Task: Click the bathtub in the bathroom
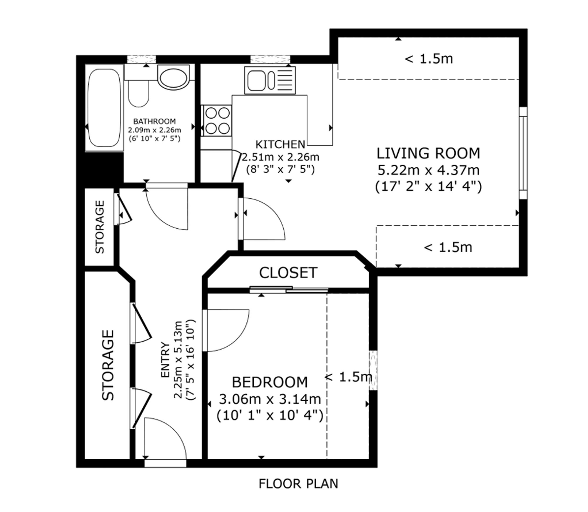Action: tap(104, 108)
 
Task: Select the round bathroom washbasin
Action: tap(173, 77)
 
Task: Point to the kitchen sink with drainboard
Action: tap(270, 80)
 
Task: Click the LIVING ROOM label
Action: tap(428, 154)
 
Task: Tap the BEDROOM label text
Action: tap(270, 382)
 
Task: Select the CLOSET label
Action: tap(288, 273)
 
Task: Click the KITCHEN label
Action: tap(280, 144)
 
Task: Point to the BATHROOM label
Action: tap(154, 121)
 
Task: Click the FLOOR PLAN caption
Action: tap(298, 484)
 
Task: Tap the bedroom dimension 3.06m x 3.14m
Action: tap(270, 399)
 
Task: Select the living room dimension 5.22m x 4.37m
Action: tap(428, 170)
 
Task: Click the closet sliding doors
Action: tap(289, 289)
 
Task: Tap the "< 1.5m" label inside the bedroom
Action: tap(349, 377)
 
